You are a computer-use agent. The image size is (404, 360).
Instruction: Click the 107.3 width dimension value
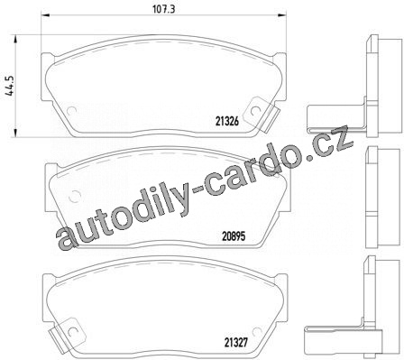click(x=164, y=9)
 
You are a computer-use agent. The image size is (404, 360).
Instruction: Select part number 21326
click(x=227, y=121)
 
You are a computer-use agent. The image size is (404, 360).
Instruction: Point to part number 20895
click(x=234, y=236)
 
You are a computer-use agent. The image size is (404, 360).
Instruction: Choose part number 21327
click(x=236, y=342)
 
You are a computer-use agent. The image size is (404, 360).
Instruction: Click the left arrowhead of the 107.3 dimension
click(x=45, y=14)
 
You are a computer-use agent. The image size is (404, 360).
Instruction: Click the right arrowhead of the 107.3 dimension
click(x=282, y=14)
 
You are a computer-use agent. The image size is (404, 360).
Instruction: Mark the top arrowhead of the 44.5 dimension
click(x=15, y=39)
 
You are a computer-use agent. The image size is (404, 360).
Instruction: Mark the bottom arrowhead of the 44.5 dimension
click(x=15, y=133)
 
